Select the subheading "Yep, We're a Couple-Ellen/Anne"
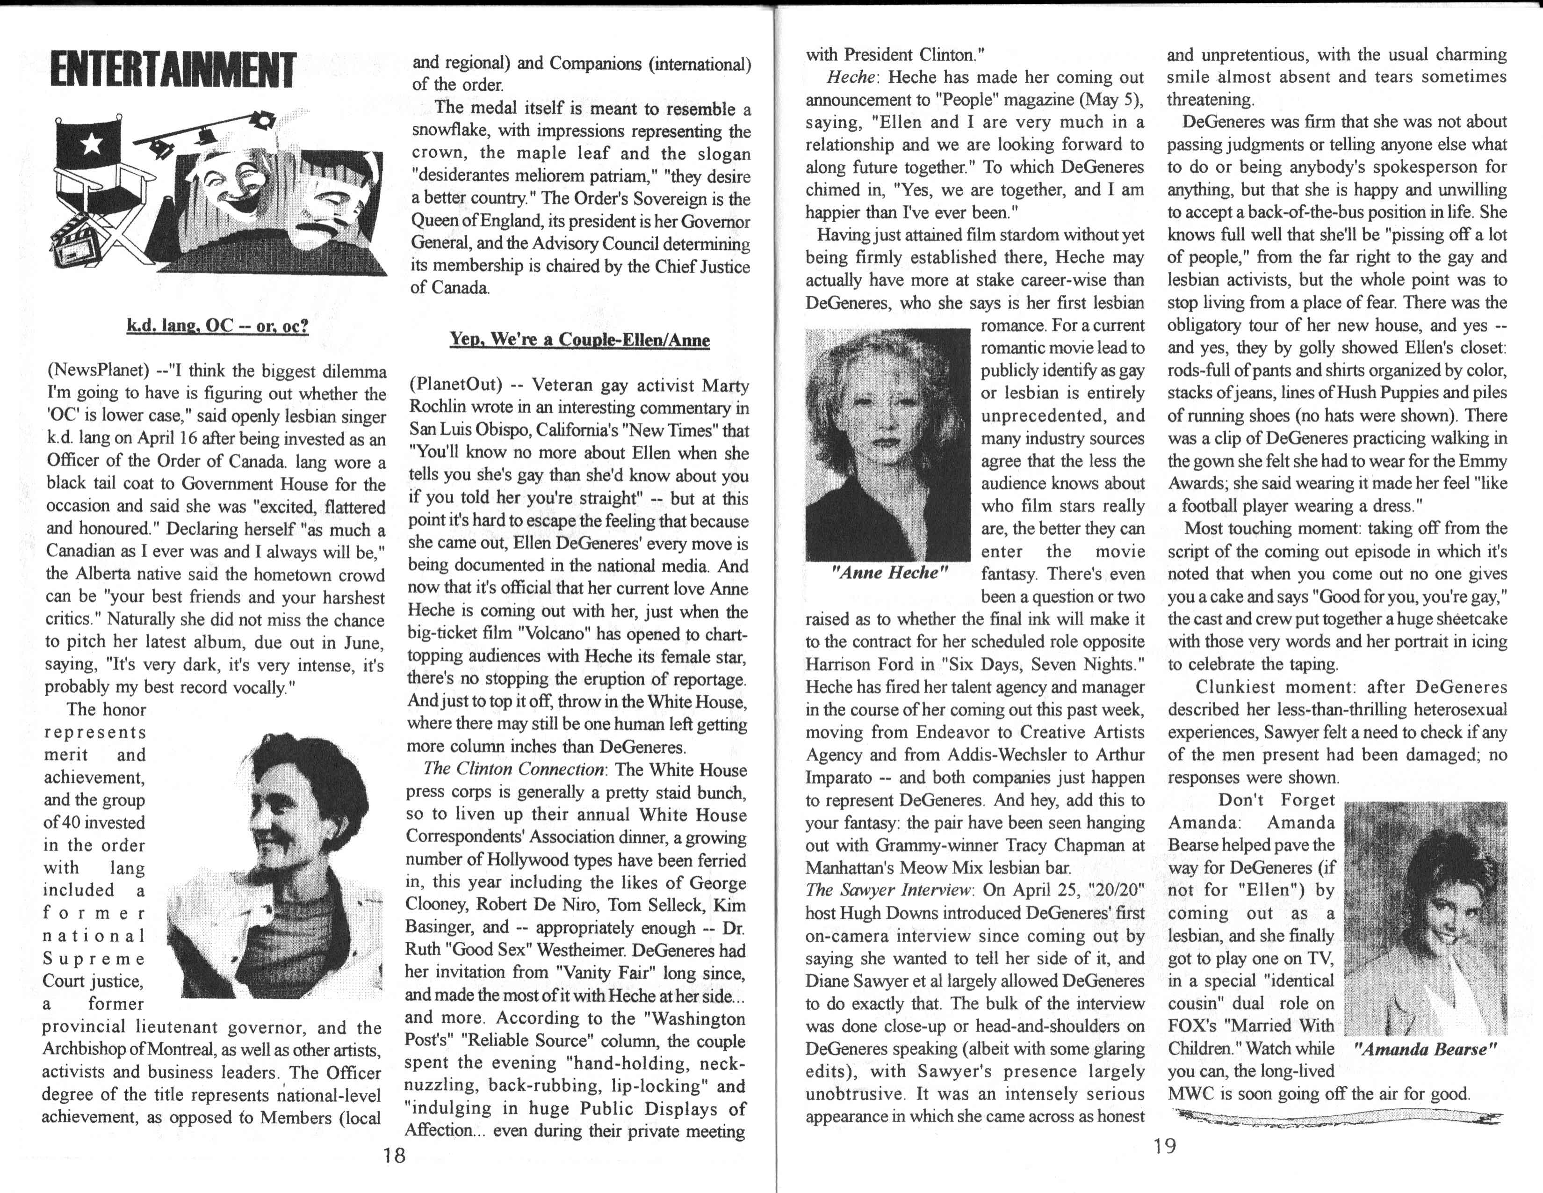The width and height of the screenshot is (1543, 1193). point(579,340)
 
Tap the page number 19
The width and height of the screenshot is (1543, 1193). point(1164,1146)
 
